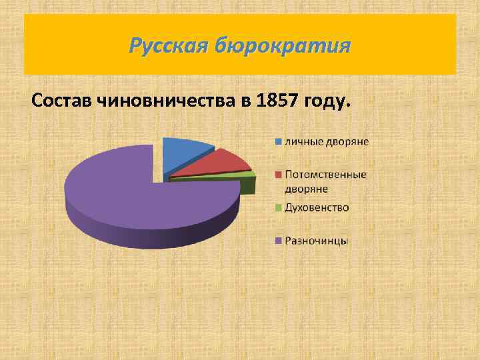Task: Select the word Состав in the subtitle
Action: (62, 101)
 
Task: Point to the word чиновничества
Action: (171, 101)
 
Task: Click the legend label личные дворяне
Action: (327, 141)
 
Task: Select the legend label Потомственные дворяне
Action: (325, 181)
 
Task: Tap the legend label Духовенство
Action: (317, 208)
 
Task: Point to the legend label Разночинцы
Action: (316, 241)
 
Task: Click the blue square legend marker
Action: (277, 141)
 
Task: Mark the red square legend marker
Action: (277, 175)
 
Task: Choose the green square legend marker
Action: (277, 208)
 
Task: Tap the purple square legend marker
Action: (277, 241)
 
